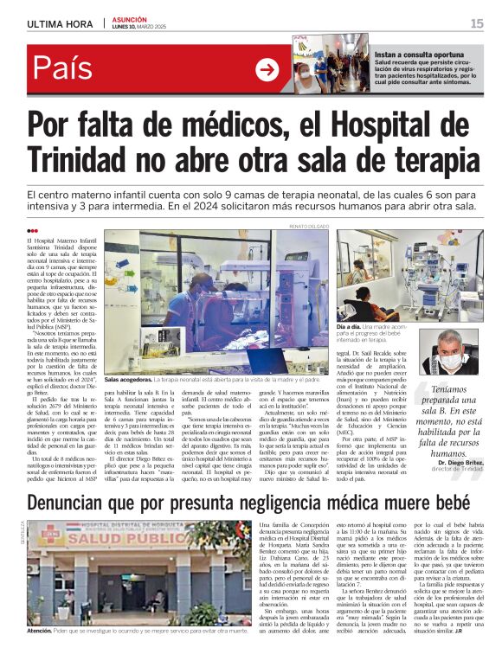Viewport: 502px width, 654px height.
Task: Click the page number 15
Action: coord(476,23)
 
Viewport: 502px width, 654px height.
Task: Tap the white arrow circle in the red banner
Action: coord(267,69)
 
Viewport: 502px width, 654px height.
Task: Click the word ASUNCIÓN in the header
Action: coord(130,19)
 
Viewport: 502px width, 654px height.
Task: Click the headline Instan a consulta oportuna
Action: coord(416,53)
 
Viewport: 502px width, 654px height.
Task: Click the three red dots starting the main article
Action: coord(33,230)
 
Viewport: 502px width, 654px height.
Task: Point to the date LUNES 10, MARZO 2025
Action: coord(144,27)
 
